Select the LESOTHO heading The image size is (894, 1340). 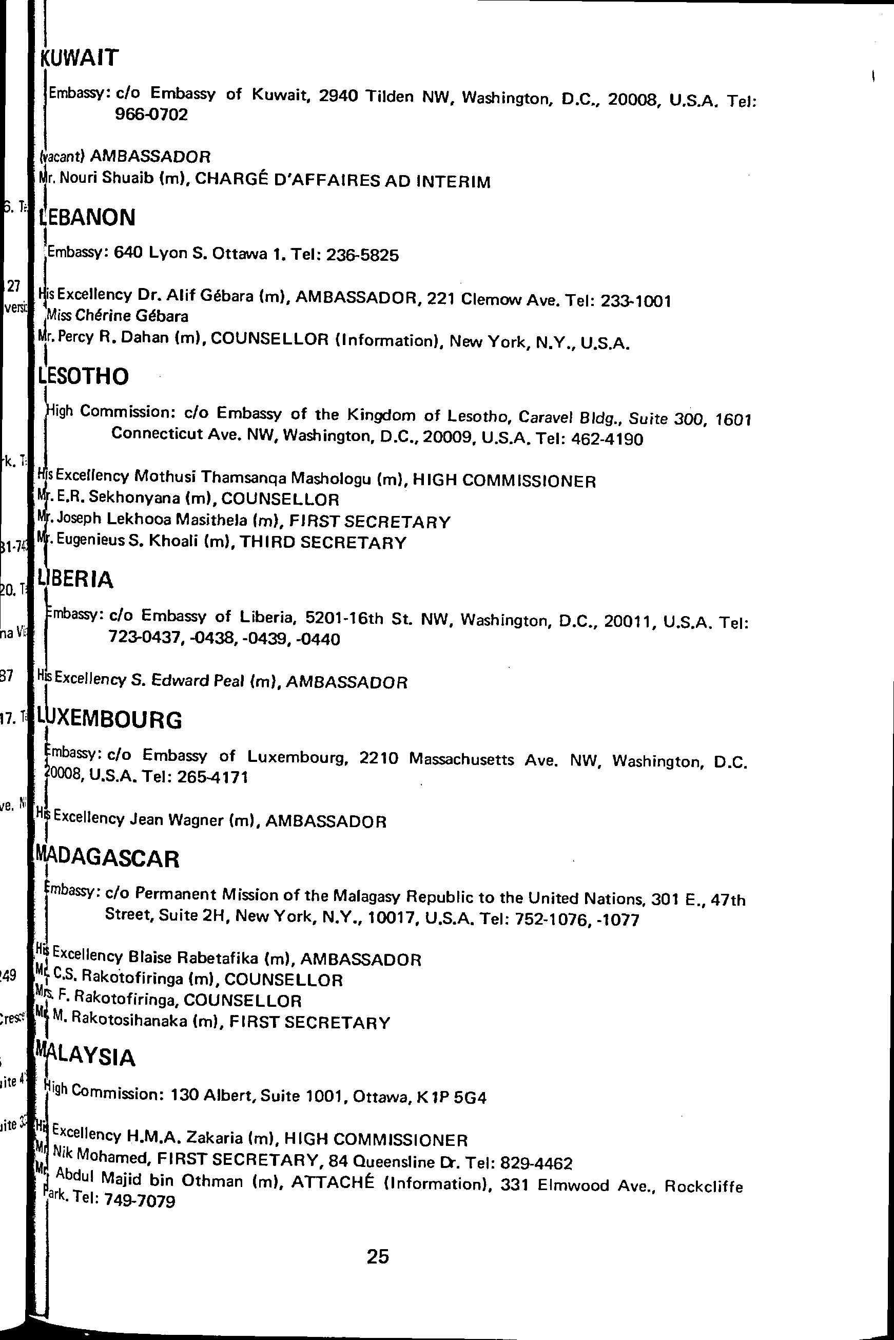pos(84,376)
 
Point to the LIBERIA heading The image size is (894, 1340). pos(77,579)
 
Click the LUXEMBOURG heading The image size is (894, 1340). pos(110,720)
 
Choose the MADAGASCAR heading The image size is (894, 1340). pos(108,859)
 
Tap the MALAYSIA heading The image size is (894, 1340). pos(87,1058)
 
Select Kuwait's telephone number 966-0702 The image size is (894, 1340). pos(151,115)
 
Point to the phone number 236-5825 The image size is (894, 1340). pos(361,255)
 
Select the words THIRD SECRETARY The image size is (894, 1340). pos(323,543)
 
